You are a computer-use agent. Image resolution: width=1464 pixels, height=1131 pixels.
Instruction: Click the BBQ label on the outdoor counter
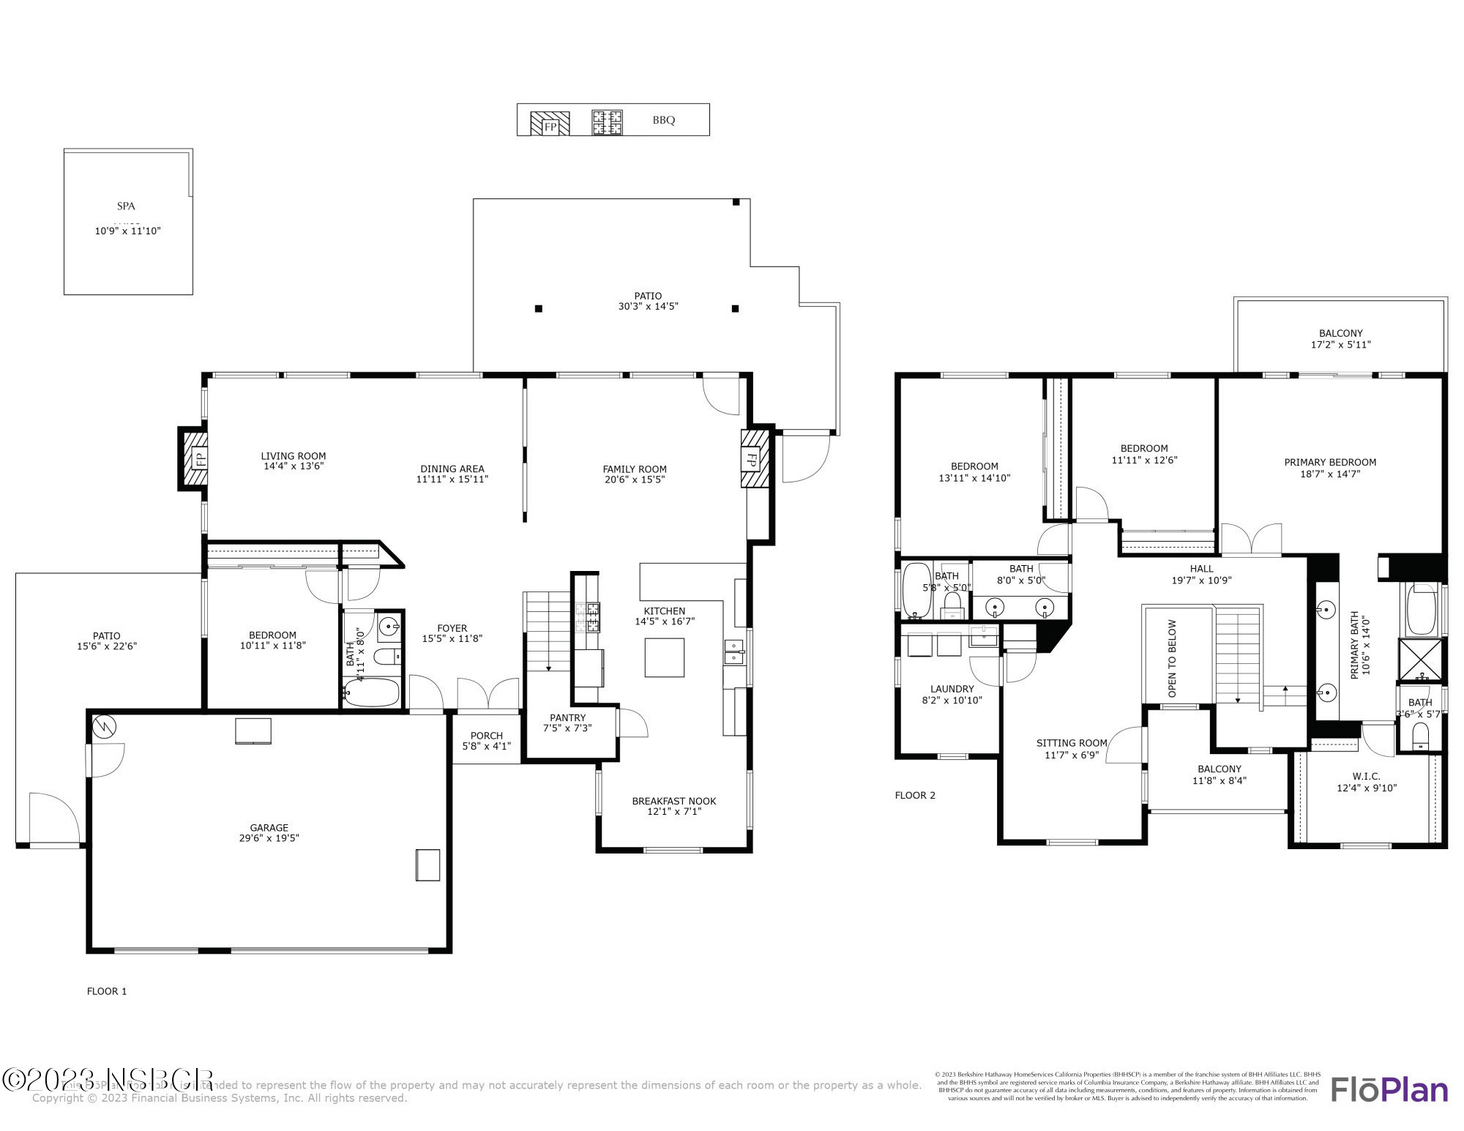tap(663, 120)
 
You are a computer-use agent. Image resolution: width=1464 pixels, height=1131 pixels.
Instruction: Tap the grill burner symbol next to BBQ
tap(607, 122)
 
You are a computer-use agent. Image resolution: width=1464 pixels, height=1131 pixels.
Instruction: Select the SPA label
tap(126, 206)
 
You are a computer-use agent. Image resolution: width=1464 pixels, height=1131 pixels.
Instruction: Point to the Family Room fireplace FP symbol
tap(752, 459)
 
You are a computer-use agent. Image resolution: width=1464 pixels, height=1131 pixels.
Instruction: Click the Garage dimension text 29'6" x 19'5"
tap(269, 838)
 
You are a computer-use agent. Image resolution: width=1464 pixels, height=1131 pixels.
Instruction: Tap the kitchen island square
tap(664, 657)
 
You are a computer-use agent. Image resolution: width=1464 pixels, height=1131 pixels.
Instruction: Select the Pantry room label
tap(567, 717)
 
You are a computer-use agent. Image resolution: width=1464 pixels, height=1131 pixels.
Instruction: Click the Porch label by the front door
tap(486, 736)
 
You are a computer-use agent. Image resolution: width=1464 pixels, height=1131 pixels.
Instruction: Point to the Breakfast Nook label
tap(673, 801)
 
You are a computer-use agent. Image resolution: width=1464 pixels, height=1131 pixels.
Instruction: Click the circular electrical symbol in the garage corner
tap(105, 726)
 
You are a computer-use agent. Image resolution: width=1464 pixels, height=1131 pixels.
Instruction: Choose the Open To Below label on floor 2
tap(1172, 658)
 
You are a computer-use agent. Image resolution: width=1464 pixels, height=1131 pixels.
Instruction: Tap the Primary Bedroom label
tap(1329, 462)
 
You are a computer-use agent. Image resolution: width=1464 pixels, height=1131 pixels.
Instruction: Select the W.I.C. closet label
tap(1366, 776)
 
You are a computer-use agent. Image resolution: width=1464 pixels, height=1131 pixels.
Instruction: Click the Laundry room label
tap(952, 689)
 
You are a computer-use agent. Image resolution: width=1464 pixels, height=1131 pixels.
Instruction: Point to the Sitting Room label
tap(1071, 743)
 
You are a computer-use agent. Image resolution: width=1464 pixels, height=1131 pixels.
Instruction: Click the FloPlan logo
tap(1389, 1089)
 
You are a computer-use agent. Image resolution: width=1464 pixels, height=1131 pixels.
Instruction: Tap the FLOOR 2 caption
tap(914, 795)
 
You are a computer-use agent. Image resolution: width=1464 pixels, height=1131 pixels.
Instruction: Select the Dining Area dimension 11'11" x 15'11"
tap(452, 479)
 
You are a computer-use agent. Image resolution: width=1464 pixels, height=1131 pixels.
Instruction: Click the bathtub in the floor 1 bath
tap(371, 692)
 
